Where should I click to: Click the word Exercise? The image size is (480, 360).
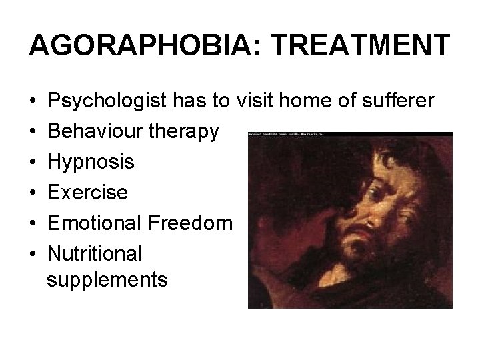point(89,191)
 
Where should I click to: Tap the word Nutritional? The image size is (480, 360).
point(95,252)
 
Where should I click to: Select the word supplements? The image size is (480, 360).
point(107,279)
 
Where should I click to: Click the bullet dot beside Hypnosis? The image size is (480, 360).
point(33,162)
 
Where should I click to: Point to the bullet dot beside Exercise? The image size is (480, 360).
point(33,192)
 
